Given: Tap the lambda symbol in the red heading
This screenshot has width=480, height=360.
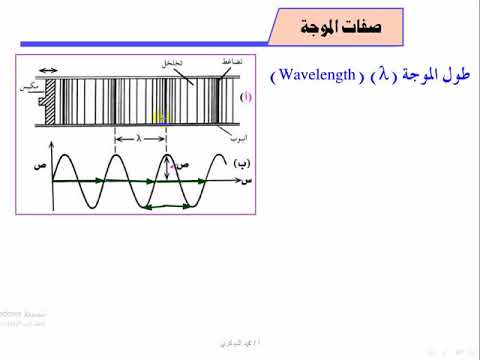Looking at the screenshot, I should (378, 76).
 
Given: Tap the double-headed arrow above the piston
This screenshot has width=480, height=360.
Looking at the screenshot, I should (48, 70).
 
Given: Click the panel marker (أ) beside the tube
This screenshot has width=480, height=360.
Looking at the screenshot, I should (247, 97).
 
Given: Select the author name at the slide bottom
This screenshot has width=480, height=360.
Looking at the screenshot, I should (238, 343).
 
